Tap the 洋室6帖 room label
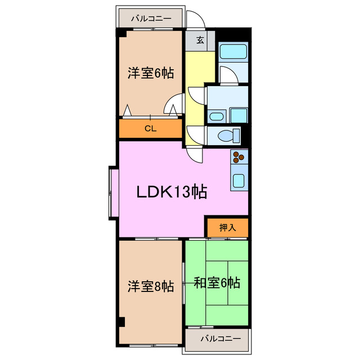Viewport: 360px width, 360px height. coord(150,73)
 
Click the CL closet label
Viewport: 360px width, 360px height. coord(150,128)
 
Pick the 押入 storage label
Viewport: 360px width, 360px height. coord(227,227)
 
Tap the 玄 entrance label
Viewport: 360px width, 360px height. coord(200,39)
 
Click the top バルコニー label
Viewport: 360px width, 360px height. coord(151,19)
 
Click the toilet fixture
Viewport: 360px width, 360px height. coord(227,136)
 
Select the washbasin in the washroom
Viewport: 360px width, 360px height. coord(217,117)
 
